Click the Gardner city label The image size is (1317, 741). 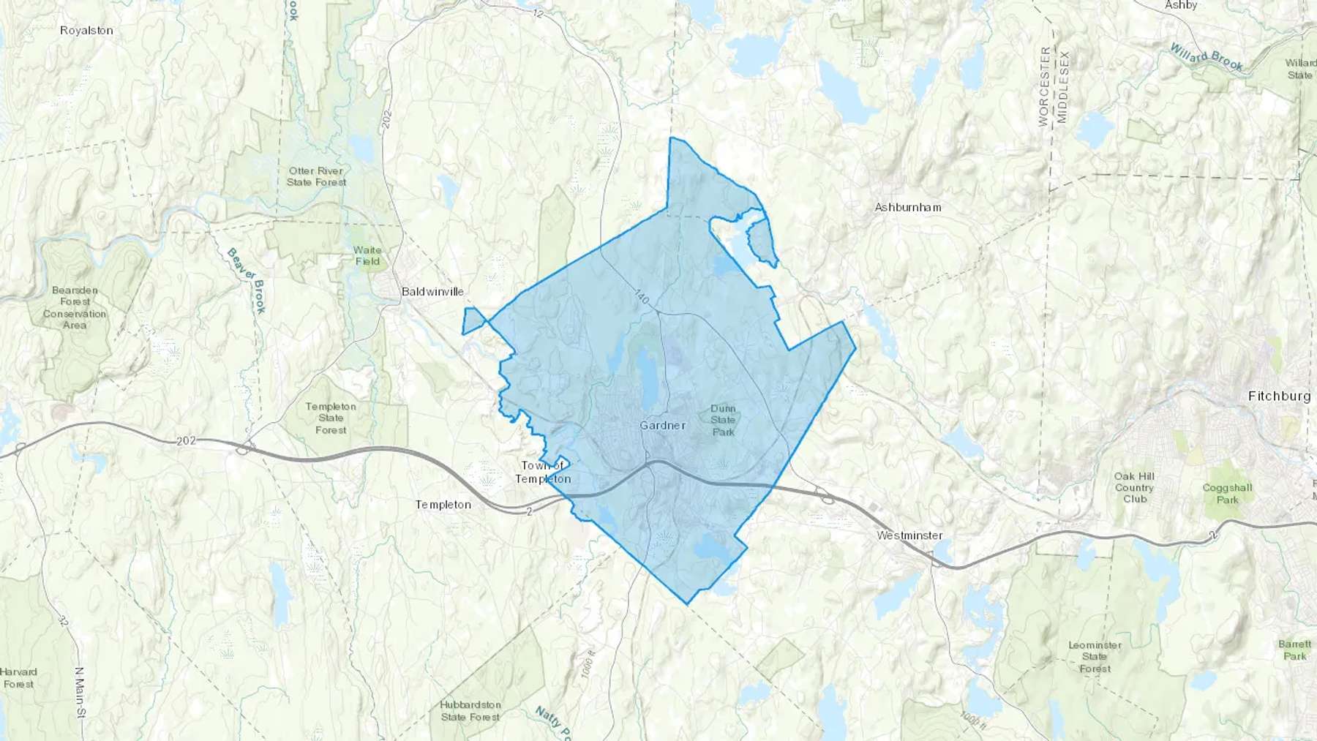662,425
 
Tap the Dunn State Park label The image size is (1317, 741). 723,420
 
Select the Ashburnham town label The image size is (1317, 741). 908,207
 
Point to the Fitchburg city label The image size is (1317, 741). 1279,396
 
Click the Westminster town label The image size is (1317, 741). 909,535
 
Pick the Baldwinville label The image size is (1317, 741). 432,291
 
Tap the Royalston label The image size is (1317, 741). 86,30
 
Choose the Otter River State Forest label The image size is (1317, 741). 316,176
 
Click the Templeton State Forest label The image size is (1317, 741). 331,418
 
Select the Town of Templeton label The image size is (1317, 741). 543,472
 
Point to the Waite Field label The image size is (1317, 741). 367,255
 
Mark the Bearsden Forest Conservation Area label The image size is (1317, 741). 75,307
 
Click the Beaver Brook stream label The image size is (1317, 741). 247,280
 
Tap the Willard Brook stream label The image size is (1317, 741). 1206,57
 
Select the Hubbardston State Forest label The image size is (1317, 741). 470,710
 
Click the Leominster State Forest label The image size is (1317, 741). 1095,656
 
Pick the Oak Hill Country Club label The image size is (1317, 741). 1134,487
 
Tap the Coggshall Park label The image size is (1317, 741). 1227,493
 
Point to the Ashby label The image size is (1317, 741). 1181,5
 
